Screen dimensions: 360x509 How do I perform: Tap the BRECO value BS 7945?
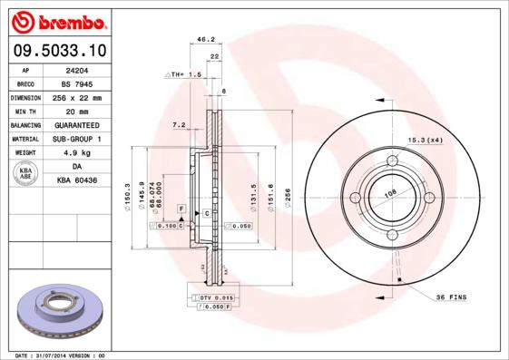click(77, 83)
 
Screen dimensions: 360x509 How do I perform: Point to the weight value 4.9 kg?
click(75, 153)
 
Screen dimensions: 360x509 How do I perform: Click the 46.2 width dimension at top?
click(205, 40)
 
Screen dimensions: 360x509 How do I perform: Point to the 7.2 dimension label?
click(178, 124)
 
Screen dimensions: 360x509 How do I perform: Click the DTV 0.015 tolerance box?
click(217, 297)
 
